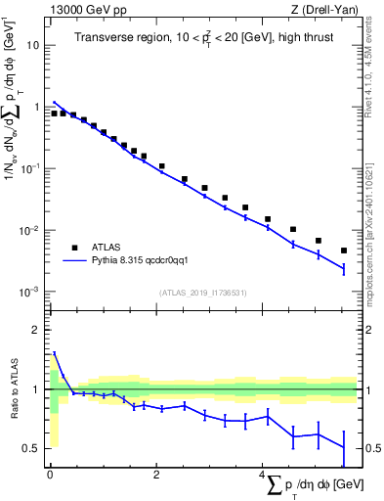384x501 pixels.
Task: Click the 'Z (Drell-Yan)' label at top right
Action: tap(327, 9)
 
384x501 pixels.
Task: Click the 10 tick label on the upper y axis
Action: tap(32, 45)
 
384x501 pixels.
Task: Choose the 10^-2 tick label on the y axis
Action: tap(29, 231)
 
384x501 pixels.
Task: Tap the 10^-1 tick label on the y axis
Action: tap(29, 168)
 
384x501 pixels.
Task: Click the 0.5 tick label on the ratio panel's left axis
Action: tap(31, 448)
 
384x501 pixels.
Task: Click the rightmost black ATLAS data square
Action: tap(344, 250)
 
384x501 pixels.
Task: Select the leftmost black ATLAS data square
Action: tap(54, 114)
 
